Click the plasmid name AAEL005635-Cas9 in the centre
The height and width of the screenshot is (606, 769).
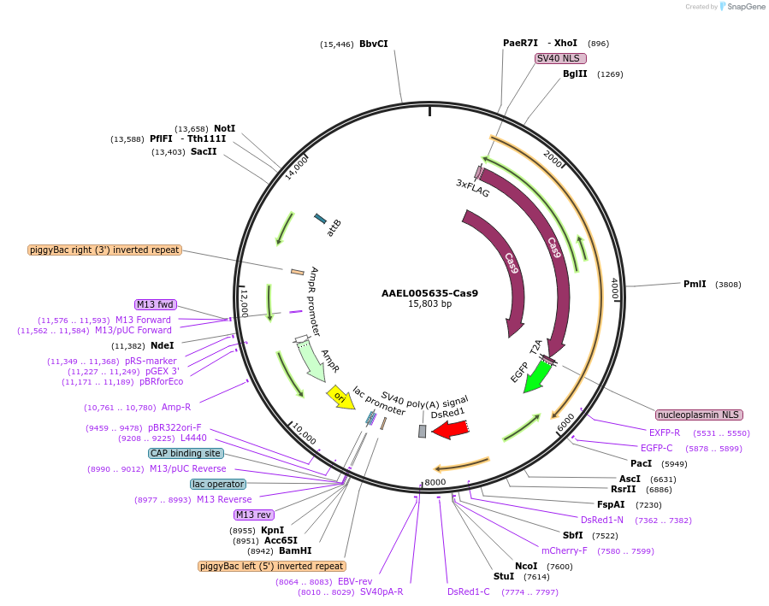point(429,293)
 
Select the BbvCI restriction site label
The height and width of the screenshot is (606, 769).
point(373,44)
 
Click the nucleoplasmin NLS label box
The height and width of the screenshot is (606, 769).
point(699,415)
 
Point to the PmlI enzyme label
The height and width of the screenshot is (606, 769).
point(695,284)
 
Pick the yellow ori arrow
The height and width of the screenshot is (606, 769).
point(340,397)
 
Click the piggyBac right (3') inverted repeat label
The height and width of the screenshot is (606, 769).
point(104,250)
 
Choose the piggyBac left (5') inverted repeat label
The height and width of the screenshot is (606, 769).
point(272,566)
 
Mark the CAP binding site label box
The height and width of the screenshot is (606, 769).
point(186,453)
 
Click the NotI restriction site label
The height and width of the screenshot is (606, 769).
point(224,128)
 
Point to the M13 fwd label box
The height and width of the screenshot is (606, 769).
point(155,304)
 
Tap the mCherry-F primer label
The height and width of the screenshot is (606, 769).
point(565,550)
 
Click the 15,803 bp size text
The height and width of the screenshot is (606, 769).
point(429,303)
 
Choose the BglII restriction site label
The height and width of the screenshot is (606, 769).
point(575,74)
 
